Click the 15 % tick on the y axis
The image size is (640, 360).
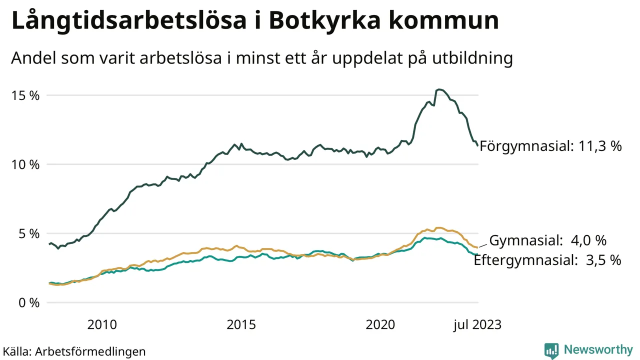click(x=25, y=95)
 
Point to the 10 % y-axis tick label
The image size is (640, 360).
click(x=25, y=164)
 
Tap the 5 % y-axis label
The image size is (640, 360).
click(x=28, y=233)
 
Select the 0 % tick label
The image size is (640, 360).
click(x=28, y=302)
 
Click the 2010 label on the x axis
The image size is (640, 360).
click(x=102, y=325)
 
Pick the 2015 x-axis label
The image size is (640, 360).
click(x=241, y=325)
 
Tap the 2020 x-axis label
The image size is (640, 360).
click(x=380, y=325)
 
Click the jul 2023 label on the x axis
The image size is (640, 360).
click(x=477, y=325)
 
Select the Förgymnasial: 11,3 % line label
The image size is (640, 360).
click(x=550, y=146)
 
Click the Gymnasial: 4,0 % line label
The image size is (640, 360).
click(x=547, y=240)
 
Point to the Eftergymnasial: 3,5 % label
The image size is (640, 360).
click(x=547, y=260)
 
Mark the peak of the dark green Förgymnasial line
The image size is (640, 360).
click(x=438, y=89)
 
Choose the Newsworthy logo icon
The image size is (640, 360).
click(x=551, y=350)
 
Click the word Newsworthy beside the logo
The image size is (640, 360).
click(x=598, y=349)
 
